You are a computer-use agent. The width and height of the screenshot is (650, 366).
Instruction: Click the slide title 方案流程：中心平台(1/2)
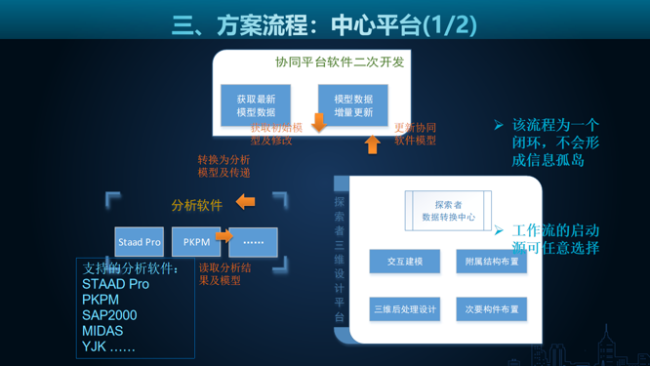[x=325, y=22]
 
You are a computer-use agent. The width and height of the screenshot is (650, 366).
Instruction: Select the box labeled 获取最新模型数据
[x=256, y=105]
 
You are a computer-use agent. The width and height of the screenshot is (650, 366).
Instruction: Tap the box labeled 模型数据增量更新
[x=352, y=105]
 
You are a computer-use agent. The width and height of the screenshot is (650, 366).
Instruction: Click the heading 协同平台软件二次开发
[x=339, y=61]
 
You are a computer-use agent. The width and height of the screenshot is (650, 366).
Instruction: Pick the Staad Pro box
[x=140, y=242]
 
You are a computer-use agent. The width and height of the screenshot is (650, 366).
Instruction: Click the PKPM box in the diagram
[x=196, y=242]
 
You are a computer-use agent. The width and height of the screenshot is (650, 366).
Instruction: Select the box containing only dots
[x=254, y=242]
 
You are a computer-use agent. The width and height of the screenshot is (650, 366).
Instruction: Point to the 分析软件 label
[x=196, y=205]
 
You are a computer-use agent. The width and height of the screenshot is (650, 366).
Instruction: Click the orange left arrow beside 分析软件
[x=245, y=202]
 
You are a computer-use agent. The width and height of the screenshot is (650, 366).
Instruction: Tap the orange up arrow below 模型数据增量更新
[x=372, y=144]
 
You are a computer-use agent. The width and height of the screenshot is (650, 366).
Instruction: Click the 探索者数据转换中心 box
[x=448, y=211]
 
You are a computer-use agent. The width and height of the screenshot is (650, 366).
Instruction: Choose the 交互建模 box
[x=405, y=262]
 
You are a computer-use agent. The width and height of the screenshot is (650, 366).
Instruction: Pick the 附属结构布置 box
[x=491, y=262]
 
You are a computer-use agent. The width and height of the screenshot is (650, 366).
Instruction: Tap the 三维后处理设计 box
[x=405, y=309]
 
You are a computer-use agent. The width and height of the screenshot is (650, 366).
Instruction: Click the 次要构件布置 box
[x=491, y=309]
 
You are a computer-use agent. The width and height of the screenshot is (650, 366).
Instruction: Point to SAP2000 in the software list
[x=109, y=315]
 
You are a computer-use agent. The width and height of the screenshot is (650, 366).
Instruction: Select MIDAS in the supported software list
[x=102, y=331]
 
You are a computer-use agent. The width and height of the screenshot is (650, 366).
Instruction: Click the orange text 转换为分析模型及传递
[x=223, y=166]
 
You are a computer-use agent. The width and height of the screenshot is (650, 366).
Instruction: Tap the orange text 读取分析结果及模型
[x=224, y=273]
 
